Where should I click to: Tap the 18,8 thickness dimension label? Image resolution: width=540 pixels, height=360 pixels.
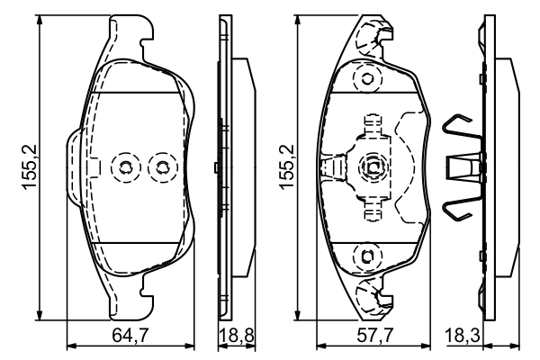click(x=235, y=337)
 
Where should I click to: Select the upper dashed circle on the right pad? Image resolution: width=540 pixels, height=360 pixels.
click(x=366, y=79)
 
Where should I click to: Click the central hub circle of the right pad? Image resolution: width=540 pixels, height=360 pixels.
click(x=372, y=166)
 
